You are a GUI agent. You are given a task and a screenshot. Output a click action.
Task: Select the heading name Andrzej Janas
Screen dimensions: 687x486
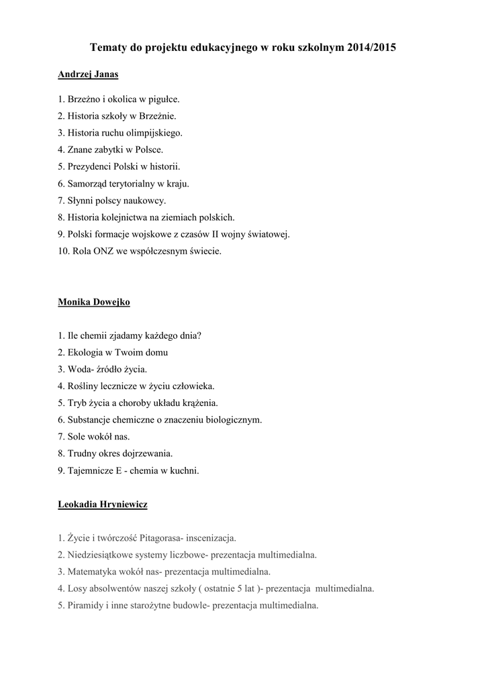tap(88, 74)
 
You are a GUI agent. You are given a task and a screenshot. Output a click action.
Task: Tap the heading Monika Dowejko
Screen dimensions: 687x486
tap(94, 302)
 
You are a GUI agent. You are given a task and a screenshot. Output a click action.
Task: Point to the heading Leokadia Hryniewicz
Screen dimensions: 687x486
tap(103, 504)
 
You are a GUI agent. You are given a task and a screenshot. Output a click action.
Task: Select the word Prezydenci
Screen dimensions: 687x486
tap(89, 166)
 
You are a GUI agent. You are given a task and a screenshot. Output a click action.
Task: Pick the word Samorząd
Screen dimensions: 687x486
tap(87, 183)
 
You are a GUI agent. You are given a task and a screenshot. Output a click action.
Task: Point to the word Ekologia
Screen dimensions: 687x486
tap(85, 352)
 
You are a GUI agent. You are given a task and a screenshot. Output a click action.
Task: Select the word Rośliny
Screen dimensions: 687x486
tap(83, 386)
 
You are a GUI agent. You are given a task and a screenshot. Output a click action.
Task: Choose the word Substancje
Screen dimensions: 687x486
tap(90, 419)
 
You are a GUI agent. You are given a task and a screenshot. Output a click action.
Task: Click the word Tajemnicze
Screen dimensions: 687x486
tap(91, 470)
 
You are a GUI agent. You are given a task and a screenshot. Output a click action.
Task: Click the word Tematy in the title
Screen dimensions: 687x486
tap(108, 48)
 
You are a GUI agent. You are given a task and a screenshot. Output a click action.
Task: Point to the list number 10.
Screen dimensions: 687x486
tap(62, 252)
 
